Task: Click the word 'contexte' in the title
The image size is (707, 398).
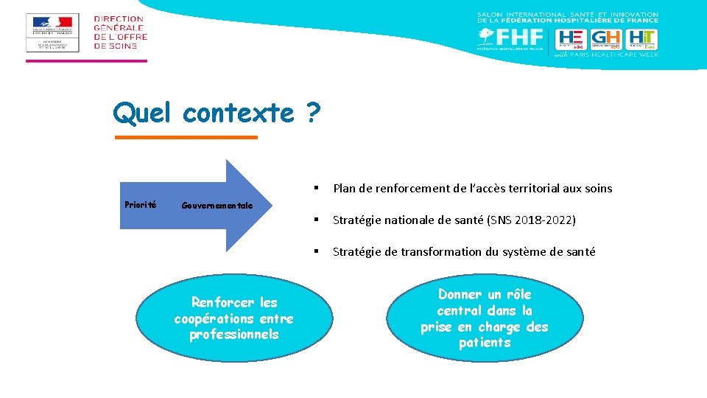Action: click(237, 114)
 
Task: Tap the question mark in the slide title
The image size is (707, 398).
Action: click(313, 114)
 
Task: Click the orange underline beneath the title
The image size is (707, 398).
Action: click(186, 137)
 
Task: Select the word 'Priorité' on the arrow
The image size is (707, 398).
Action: click(140, 204)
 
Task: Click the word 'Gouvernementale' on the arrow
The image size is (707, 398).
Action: click(217, 206)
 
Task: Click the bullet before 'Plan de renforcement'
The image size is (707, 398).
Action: click(315, 188)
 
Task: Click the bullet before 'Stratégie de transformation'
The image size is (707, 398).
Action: click(315, 251)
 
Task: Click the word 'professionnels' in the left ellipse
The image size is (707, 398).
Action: click(233, 335)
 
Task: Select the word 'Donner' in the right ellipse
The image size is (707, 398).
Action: click(460, 295)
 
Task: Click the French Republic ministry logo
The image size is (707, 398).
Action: click(52, 33)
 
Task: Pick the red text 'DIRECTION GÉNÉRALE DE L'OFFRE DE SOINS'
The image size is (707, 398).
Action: click(120, 32)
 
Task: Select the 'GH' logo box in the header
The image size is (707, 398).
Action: click(606, 38)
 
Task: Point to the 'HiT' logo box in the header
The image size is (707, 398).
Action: click(641, 38)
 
